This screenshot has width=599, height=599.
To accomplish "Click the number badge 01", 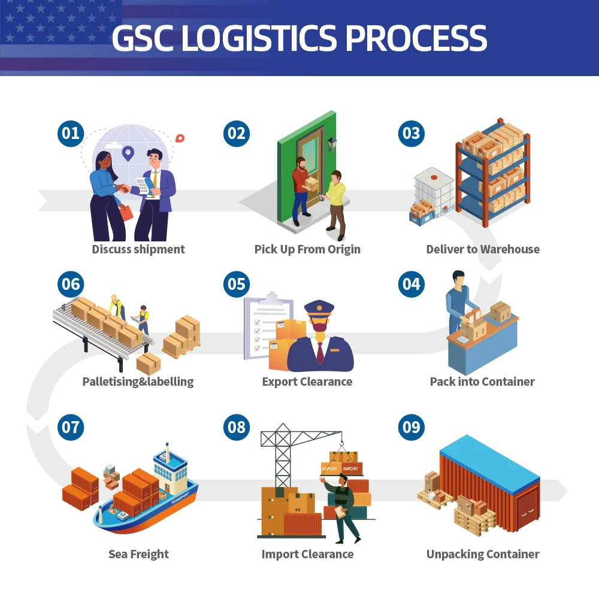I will (71, 132).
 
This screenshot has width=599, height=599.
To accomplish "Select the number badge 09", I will (412, 427).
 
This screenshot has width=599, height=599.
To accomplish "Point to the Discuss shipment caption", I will (138, 249).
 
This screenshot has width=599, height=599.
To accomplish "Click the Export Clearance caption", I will (307, 382).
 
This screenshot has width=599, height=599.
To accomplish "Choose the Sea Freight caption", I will (138, 554).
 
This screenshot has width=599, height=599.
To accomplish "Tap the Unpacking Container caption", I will (483, 554).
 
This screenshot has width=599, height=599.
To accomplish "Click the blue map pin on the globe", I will (127, 153).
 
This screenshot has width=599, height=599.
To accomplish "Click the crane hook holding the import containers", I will (342, 446).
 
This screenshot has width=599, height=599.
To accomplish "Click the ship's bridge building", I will (171, 468).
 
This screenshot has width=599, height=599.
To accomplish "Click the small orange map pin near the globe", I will (179, 138).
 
